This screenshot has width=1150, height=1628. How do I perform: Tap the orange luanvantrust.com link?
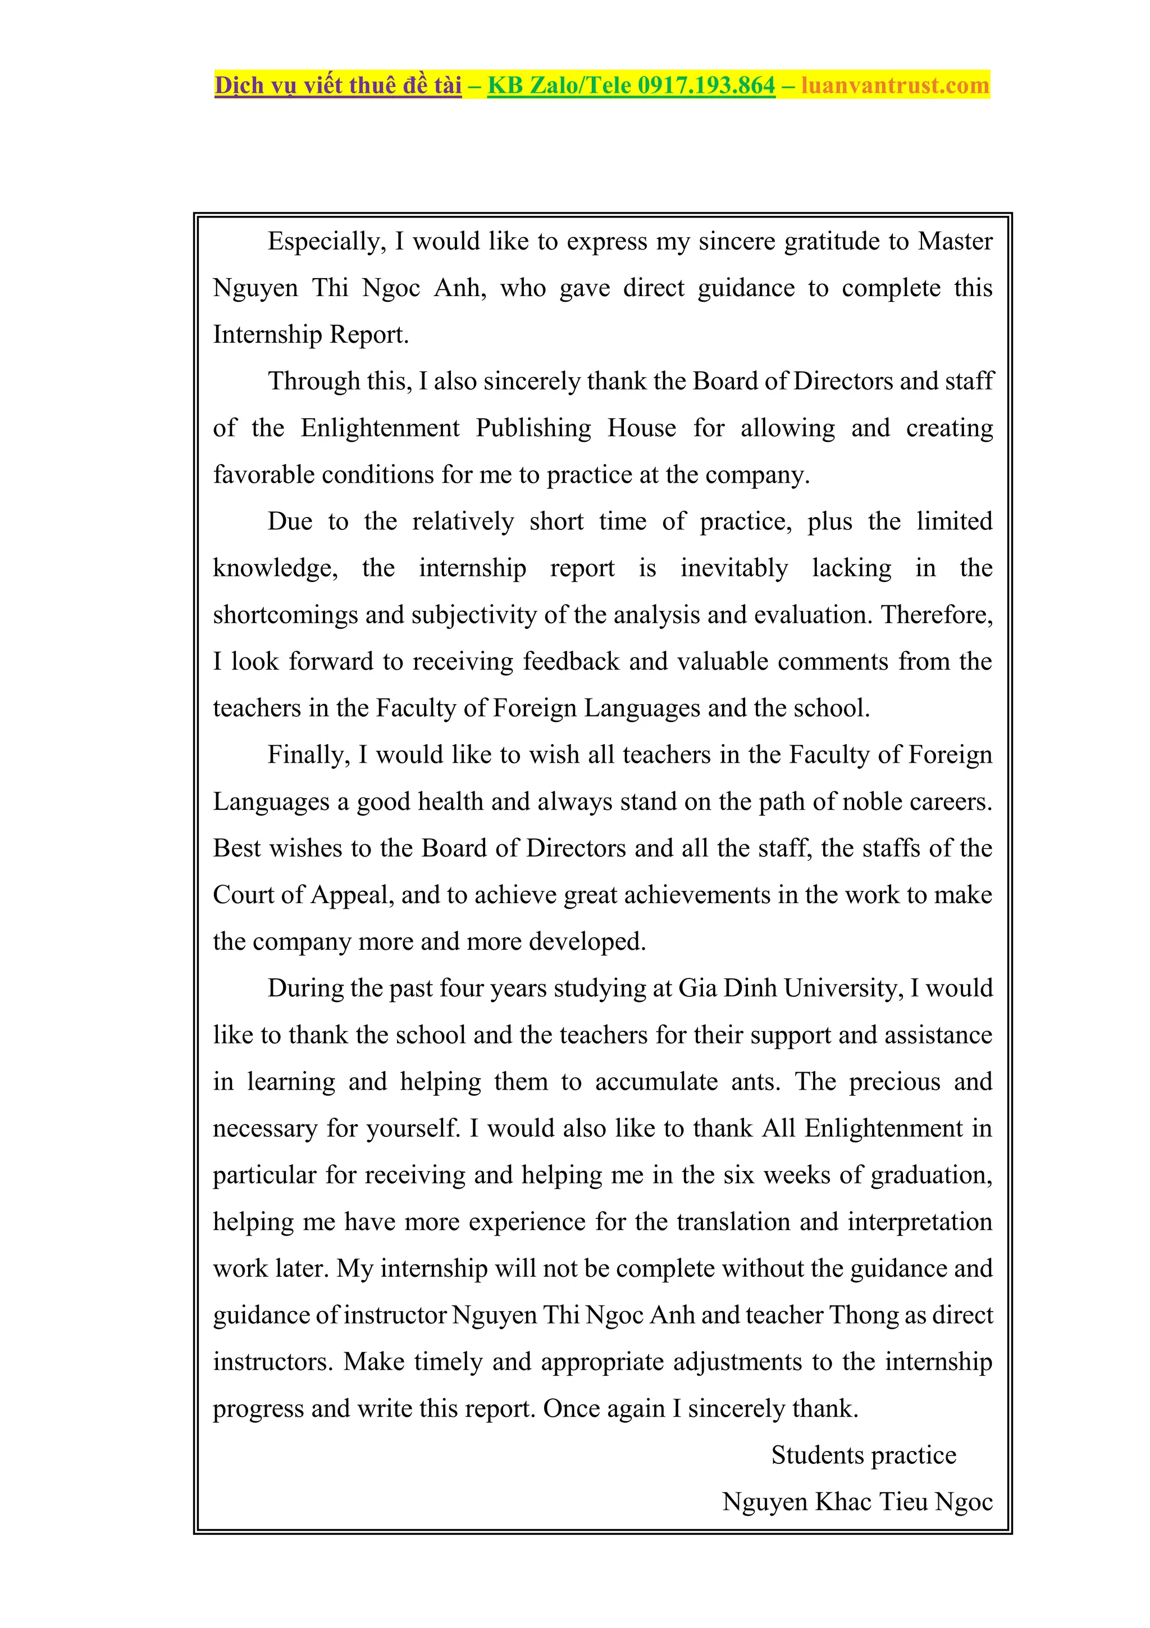pos(895,86)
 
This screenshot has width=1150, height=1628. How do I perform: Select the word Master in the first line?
pos(955,242)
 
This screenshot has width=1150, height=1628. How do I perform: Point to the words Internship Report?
pos(311,335)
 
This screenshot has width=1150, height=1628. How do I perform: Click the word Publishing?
pos(533,428)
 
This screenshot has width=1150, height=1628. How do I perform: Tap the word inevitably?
pos(733,569)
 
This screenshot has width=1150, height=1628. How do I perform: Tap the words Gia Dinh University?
pos(790,988)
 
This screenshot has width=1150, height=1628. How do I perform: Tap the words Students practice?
pos(863,1455)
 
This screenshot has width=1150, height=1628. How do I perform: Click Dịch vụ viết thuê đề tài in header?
pos(338,86)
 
